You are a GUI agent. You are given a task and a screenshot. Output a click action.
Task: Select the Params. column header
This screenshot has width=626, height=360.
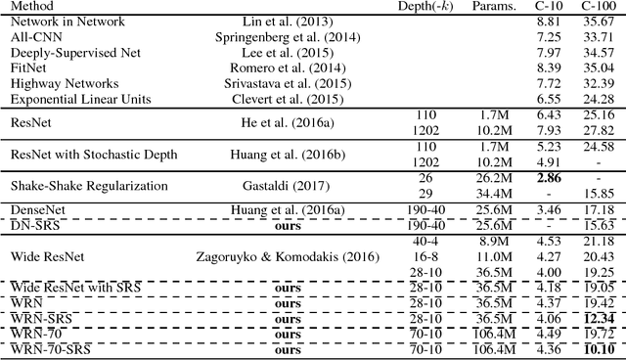pyautogui.click(x=494, y=8)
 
